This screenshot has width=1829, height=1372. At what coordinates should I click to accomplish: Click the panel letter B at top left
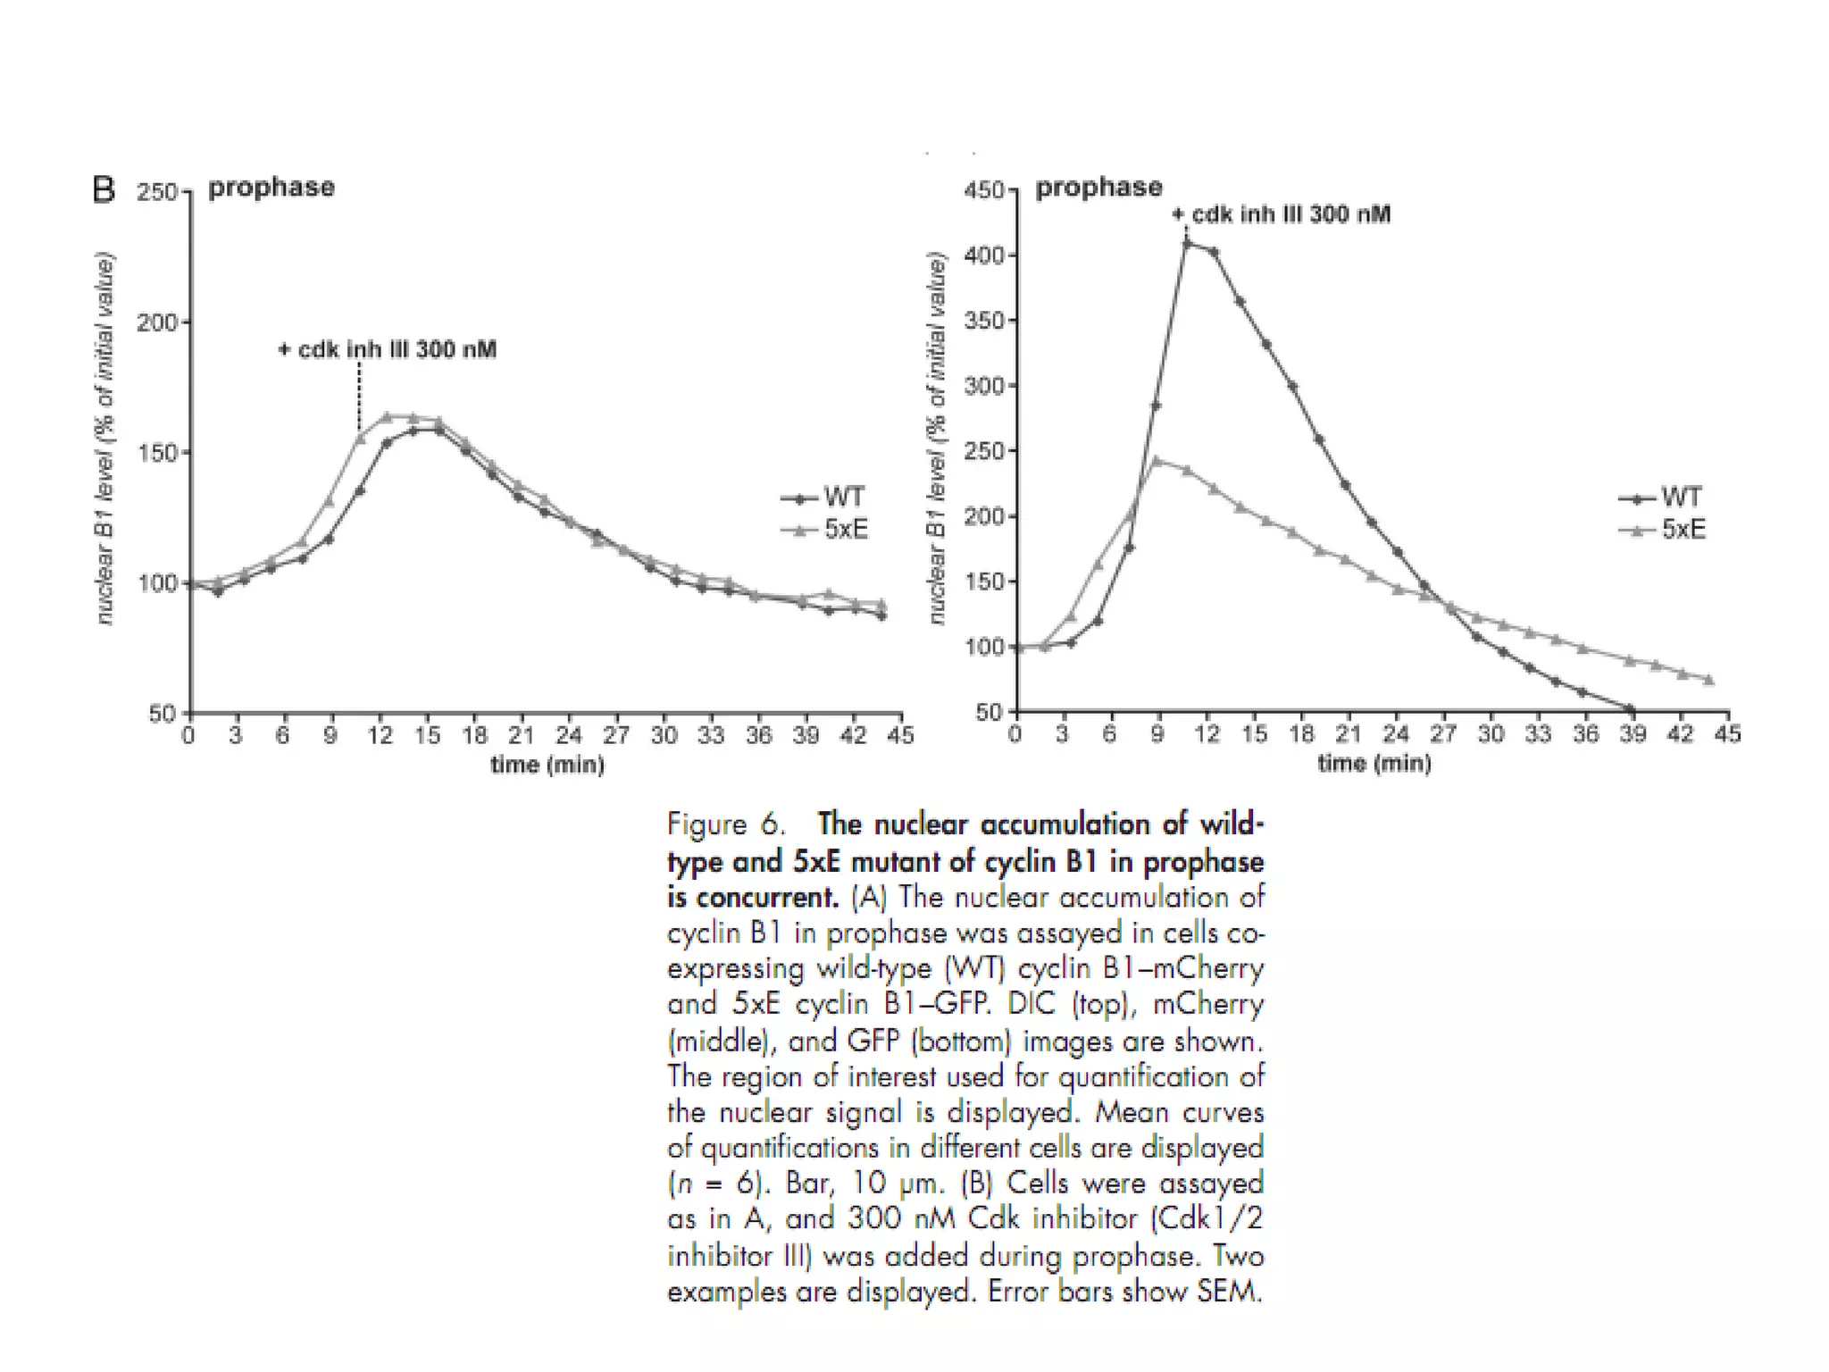tap(104, 190)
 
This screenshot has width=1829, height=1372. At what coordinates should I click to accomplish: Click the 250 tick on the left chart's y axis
tap(156, 193)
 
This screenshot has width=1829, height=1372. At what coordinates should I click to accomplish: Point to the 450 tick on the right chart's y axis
tap(983, 190)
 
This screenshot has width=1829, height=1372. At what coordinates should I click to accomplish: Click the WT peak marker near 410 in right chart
tap(1187, 243)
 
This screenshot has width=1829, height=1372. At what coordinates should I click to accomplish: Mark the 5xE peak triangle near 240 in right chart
tap(1157, 461)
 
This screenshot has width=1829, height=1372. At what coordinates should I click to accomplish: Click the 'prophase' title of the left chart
tap(271, 188)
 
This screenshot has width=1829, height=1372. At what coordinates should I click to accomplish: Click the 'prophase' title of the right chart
tap(1098, 188)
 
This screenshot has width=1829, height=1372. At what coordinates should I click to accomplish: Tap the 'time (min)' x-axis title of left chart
tap(547, 765)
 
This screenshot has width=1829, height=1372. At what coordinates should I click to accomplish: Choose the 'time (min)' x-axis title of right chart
tap(1374, 763)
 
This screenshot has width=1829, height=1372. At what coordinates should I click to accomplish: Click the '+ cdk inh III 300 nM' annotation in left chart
tap(388, 349)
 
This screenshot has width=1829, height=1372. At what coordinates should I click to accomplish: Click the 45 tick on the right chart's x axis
tap(1728, 734)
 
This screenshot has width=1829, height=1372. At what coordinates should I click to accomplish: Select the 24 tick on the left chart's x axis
tap(569, 735)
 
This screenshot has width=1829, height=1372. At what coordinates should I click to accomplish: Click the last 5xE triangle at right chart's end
tap(1708, 680)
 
